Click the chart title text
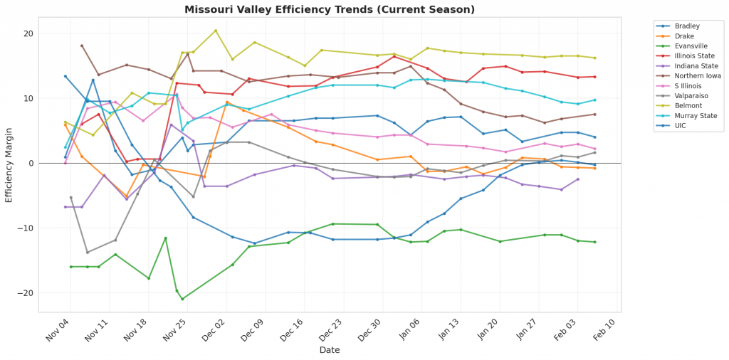[330, 9]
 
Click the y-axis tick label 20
[28, 33]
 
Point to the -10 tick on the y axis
[26, 228]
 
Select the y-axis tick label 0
[30, 163]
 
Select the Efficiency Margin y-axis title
[9, 163]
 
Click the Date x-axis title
[329, 350]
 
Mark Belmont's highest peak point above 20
[216, 31]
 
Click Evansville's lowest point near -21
[182, 299]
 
